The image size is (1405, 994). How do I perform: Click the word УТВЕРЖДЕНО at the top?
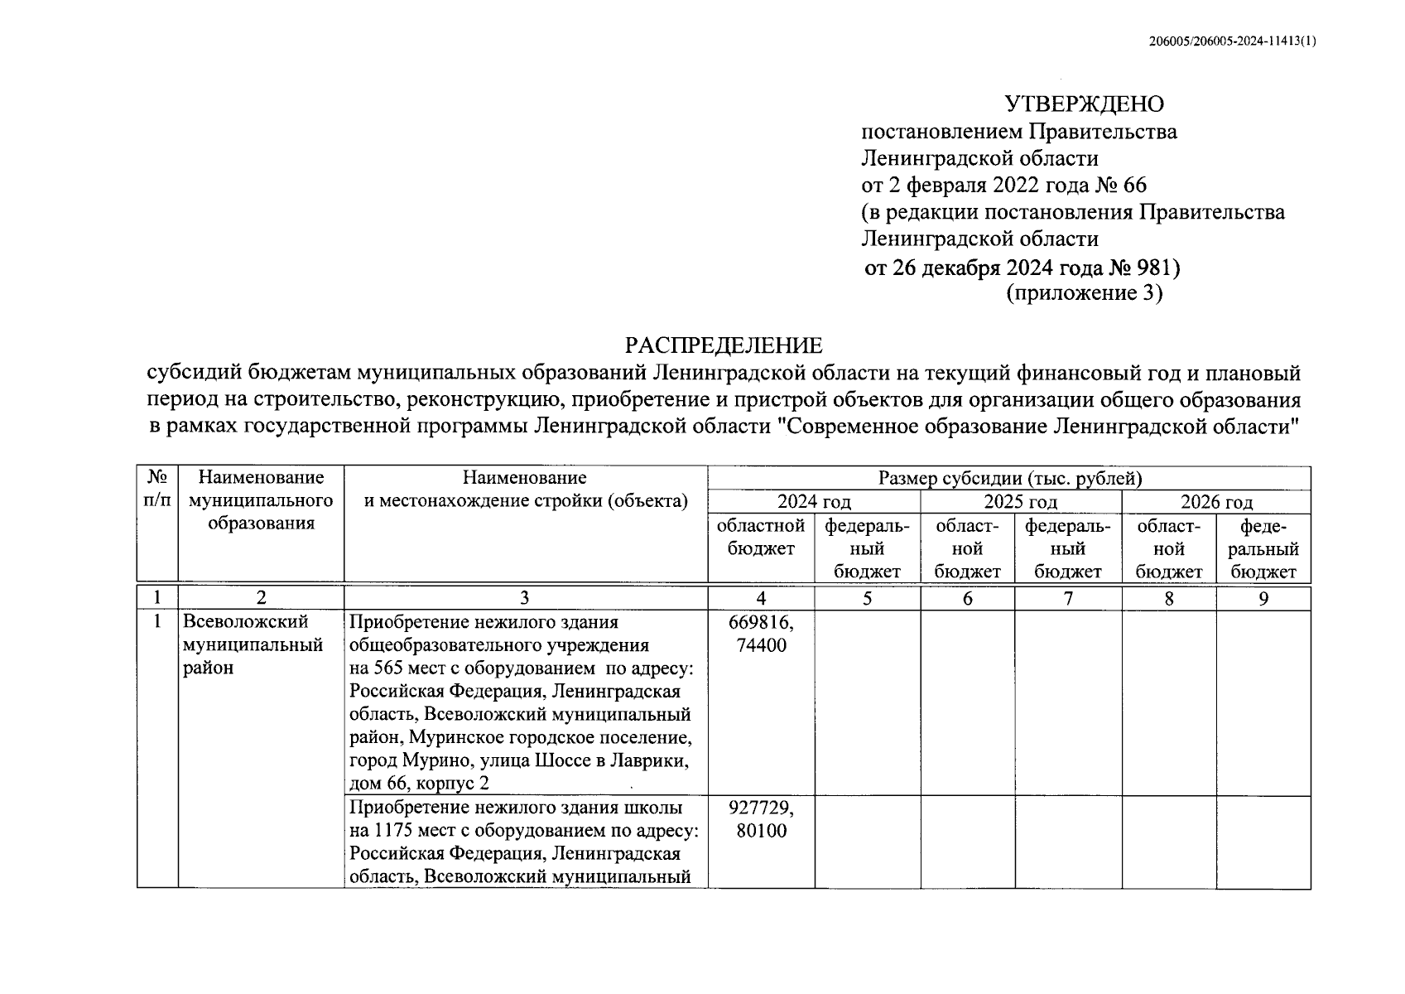coord(1084,104)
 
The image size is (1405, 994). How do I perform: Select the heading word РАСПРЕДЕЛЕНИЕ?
coord(724,345)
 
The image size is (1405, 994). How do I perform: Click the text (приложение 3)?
coord(1084,293)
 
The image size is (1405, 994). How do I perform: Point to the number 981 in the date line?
coord(1154,268)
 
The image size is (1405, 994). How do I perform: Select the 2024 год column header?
coord(813,502)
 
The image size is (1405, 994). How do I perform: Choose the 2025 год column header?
coord(1020,502)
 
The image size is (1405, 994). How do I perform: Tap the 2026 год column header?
coord(1215,502)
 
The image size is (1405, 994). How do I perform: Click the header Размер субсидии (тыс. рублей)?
coord(1009,478)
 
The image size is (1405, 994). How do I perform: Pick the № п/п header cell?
coord(157,489)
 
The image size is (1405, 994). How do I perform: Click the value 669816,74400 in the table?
coord(761,633)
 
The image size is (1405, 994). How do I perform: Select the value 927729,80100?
coord(761,818)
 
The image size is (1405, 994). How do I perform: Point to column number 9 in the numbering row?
coord(1263,598)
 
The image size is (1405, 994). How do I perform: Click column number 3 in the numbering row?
coord(525,598)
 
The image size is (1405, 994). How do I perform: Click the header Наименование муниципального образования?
coord(261,500)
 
